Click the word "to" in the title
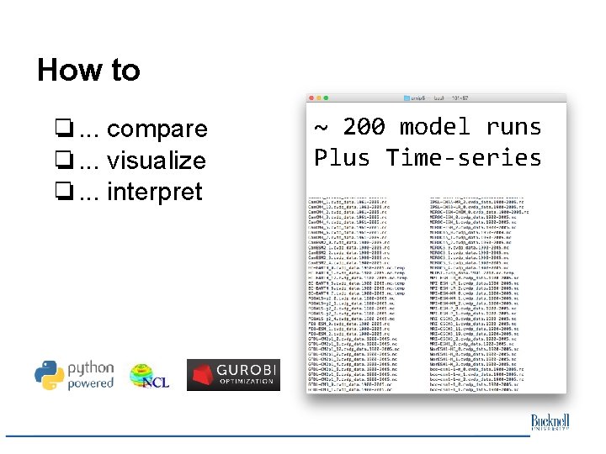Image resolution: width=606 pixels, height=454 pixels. click(x=125, y=70)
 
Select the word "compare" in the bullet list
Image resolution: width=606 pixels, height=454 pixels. click(x=157, y=129)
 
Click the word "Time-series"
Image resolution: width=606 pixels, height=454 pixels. click(x=464, y=157)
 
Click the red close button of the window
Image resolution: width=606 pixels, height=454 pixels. click(x=311, y=98)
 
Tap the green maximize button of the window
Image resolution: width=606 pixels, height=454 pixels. click(x=327, y=98)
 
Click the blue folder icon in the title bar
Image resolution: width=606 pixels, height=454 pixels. click(x=406, y=98)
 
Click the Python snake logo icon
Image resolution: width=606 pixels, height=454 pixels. click(x=50, y=375)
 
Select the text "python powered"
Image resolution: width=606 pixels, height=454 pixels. click(x=90, y=375)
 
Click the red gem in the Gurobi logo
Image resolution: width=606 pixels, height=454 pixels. click(x=202, y=375)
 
